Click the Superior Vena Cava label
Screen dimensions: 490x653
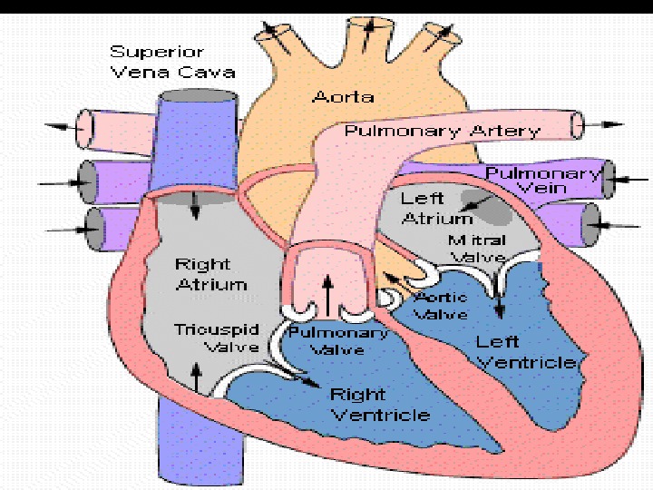point(172,62)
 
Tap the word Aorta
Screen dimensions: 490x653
point(343,97)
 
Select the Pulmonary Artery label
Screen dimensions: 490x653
point(442,132)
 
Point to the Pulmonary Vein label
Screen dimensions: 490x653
point(542,181)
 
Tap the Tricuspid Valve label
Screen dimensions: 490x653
point(216,337)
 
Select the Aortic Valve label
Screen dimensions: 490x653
point(441,305)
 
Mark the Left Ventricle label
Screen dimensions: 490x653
point(525,352)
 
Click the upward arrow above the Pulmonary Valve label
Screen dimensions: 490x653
point(327,292)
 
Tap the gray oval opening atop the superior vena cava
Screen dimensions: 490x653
point(195,95)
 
